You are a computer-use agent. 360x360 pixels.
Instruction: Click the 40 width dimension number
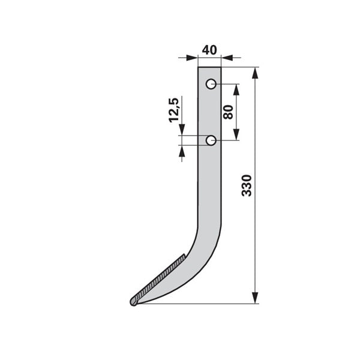click(x=209, y=50)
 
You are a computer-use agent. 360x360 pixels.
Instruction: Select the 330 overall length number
click(x=247, y=185)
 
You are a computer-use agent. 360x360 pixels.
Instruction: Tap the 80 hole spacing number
click(x=228, y=112)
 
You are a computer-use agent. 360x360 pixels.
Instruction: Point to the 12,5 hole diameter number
click(x=174, y=110)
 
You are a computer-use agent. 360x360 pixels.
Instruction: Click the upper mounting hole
click(x=211, y=84)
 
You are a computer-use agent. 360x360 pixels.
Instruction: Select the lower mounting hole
click(x=211, y=140)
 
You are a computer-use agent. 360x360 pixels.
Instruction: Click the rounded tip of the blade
click(x=134, y=301)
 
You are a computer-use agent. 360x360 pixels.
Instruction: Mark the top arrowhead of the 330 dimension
click(x=255, y=73)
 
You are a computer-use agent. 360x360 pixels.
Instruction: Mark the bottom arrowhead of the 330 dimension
click(x=255, y=298)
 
